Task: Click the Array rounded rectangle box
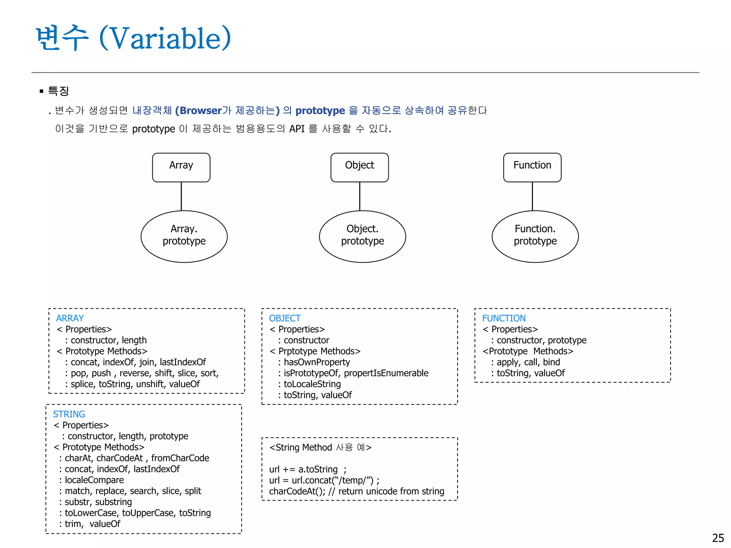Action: tap(181, 167)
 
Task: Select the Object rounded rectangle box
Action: tap(359, 167)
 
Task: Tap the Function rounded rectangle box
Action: tap(532, 167)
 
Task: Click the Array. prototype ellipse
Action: tap(184, 236)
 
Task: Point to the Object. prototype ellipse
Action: tap(362, 236)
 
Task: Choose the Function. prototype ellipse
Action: tap(535, 236)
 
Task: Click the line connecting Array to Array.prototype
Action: tap(181, 196)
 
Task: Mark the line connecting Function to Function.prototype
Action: tap(532, 196)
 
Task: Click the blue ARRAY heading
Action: tap(70, 318)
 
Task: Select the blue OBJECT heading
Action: tap(284, 318)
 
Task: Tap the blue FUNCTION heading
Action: tap(504, 318)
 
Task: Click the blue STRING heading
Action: tap(69, 414)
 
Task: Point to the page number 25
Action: tap(718, 538)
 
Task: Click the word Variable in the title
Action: tap(165, 38)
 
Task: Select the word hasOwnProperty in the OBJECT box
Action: tap(317, 362)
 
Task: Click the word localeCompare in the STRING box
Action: tap(94, 480)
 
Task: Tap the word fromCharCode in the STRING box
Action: tap(180, 458)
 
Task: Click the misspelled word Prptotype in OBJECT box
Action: tap(298, 351)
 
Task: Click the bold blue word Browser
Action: tap(201, 111)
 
